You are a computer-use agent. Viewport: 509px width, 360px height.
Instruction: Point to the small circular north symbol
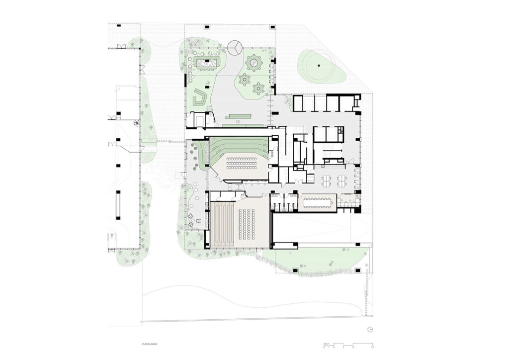[370, 329]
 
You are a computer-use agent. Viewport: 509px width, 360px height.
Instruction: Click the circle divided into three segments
[235, 48]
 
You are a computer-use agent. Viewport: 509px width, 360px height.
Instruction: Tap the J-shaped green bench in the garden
[200, 97]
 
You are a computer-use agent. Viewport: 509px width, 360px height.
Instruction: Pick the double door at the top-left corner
[120, 47]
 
